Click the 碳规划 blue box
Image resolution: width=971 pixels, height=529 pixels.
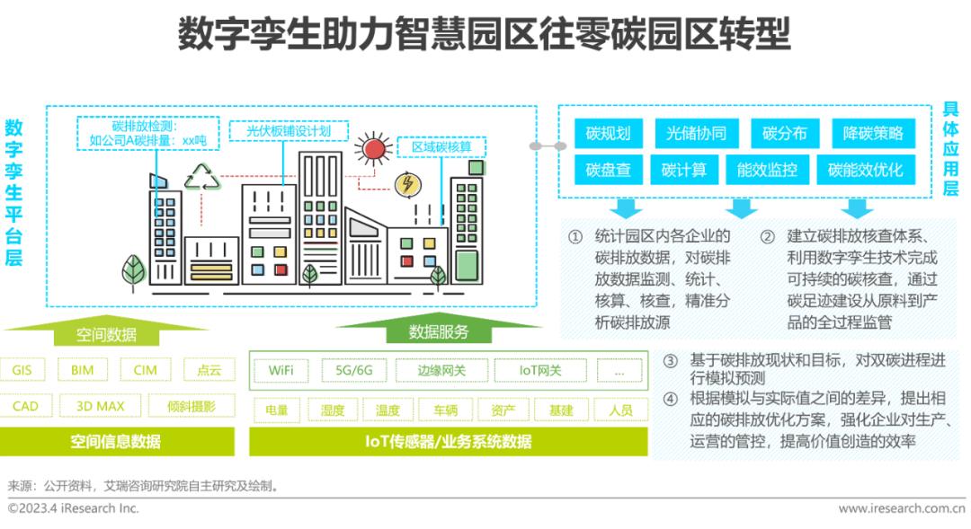tap(607, 134)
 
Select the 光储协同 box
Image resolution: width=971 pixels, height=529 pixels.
tap(690, 134)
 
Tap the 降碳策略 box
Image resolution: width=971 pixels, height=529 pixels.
tap(872, 134)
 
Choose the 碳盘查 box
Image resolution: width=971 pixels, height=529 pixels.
tap(607, 170)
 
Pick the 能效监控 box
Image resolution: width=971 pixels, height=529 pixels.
tap(766, 170)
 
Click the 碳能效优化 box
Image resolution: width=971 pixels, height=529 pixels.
tap(865, 170)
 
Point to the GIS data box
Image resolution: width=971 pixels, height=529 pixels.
tap(22, 370)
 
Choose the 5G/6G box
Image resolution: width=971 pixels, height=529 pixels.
tap(353, 370)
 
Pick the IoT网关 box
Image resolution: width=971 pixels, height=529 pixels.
tap(539, 370)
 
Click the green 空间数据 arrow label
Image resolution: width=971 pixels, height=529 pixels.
tap(106, 334)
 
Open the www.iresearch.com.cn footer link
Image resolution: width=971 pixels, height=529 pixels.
tap(902, 508)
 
